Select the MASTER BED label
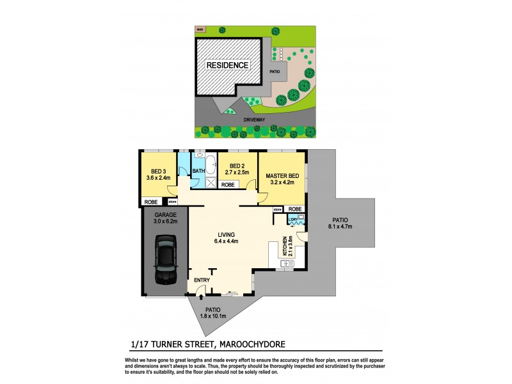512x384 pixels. pyautogui.click(x=282, y=176)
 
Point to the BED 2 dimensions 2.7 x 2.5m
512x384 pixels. pyautogui.click(x=237, y=173)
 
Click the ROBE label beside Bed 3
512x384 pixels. pyautogui.click(x=150, y=202)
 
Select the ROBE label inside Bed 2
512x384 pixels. pyautogui.click(x=227, y=184)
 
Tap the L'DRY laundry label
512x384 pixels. pyautogui.click(x=294, y=221)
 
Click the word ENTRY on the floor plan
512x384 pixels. pyautogui.click(x=202, y=280)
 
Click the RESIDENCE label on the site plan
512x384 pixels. pyautogui.click(x=227, y=65)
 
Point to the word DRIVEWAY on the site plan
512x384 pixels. pyautogui.click(x=256, y=120)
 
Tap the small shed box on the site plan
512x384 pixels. pyautogui.click(x=200, y=29)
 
